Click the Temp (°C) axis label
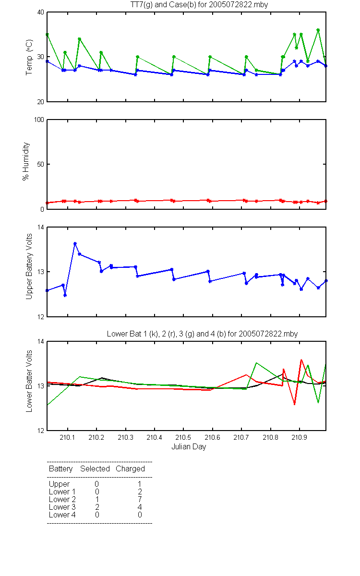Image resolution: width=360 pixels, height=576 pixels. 29,57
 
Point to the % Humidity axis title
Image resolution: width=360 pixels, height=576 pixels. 26,161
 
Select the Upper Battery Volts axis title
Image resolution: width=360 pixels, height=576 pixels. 29,266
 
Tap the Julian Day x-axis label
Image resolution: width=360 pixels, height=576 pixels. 189,447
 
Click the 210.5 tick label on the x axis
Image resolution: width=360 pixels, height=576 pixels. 183,437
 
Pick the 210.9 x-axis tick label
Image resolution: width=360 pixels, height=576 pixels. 299,437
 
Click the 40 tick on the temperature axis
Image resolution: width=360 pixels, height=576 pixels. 41,12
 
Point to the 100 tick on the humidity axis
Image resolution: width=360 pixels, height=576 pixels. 39,120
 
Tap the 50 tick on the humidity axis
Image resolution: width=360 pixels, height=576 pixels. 41,164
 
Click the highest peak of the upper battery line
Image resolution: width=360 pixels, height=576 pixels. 75,243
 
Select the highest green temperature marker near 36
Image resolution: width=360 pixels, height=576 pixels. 318,30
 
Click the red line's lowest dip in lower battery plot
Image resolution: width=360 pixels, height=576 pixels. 294,405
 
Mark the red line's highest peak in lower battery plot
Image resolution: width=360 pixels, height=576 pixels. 301,360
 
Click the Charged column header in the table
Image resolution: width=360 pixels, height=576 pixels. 130,469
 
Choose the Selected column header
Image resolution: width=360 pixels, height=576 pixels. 95,468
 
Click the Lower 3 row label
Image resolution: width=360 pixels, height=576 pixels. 62,507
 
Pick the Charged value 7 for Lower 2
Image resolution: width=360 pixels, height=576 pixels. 140,499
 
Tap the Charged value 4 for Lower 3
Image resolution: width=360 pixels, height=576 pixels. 140,507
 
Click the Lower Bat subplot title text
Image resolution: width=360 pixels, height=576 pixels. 202,334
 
